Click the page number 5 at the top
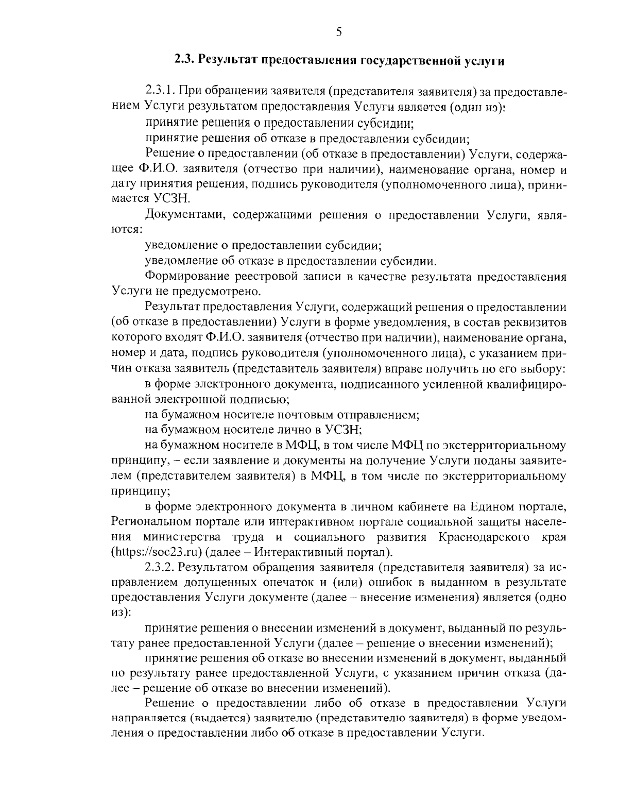(x=338, y=32)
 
